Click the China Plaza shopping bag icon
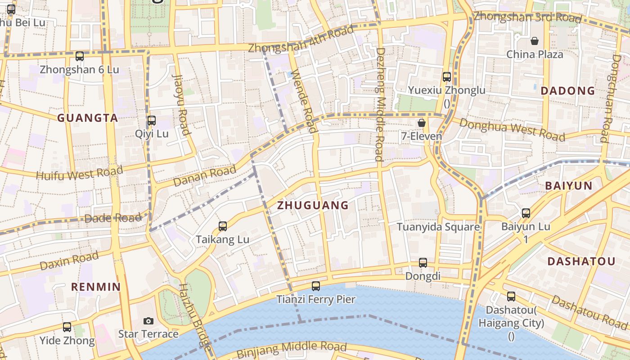pos(535,41)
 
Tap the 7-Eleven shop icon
pos(422,123)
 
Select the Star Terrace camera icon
pos(148,321)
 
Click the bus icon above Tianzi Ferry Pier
pos(316,286)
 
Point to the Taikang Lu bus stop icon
pos(222,226)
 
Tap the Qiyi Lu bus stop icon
pos(152,121)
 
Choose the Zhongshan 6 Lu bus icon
pos(80,56)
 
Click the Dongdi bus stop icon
pos(423,263)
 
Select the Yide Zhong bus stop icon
pos(67,327)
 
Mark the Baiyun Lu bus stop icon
pos(526,213)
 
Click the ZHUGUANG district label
pos(313,206)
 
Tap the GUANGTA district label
pos(87,118)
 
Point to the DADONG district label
pos(567,91)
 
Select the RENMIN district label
pos(96,287)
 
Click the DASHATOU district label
pos(581,261)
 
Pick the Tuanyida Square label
pos(438,227)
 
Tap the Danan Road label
pos(204,176)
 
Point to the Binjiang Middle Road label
pos(291,348)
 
